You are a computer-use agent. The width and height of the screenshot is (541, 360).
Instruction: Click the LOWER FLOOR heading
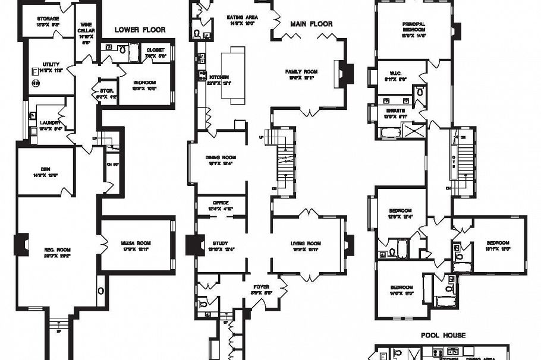[x=140, y=30]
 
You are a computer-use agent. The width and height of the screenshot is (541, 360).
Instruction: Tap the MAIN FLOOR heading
[x=311, y=24]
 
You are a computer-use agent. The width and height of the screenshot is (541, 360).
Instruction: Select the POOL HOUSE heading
[x=443, y=336]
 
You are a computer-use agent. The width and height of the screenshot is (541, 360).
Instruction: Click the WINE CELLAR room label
[x=85, y=29]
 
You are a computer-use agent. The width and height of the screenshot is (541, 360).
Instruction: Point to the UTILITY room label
[x=51, y=64]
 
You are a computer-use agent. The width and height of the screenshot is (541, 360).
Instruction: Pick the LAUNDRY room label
[x=51, y=122]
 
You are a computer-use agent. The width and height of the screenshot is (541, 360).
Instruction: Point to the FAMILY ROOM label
[x=301, y=72]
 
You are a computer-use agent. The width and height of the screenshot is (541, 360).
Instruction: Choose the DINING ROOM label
[x=221, y=157]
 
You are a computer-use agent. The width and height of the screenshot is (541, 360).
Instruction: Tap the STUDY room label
[x=220, y=244]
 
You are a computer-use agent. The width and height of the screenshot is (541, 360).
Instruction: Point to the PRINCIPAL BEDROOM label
[x=413, y=27]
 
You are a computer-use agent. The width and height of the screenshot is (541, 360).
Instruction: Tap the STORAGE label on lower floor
[x=48, y=19]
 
